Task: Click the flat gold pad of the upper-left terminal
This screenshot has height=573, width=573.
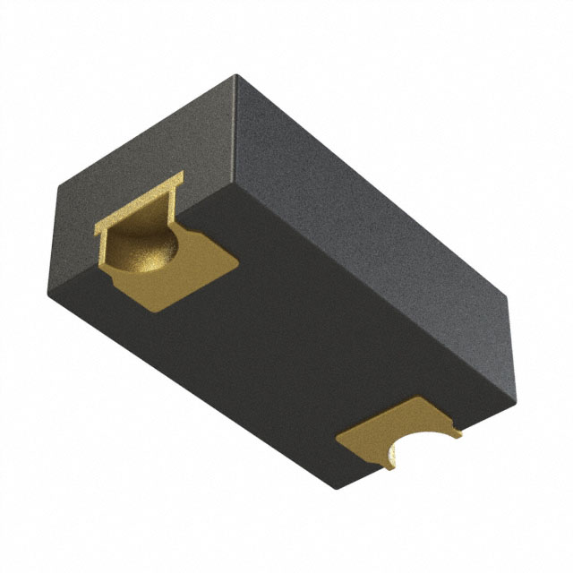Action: pos(192,273)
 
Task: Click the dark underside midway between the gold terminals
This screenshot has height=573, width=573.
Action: pos(286,349)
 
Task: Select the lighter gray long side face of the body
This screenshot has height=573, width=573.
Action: pos(376,206)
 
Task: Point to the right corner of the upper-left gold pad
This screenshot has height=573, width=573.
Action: pos(240,260)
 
